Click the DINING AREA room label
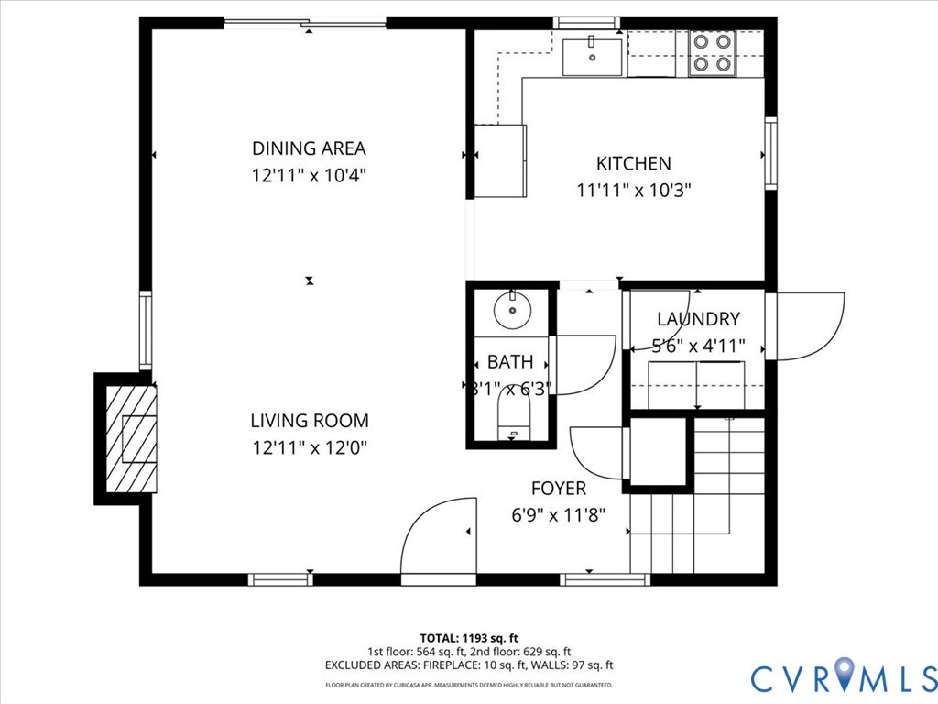click(309, 148)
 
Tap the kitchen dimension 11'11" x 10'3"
click(633, 191)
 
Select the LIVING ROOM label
click(310, 421)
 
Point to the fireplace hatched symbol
click(129, 439)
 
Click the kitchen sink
click(591, 57)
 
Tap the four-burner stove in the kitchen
click(712, 53)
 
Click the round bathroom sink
click(512, 309)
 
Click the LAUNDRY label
click(698, 319)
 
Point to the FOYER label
click(558, 489)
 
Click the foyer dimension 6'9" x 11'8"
click(558, 515)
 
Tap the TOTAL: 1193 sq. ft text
click(469, 637)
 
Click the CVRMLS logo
click(843, 676)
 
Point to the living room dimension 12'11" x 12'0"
click(310, 448)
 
